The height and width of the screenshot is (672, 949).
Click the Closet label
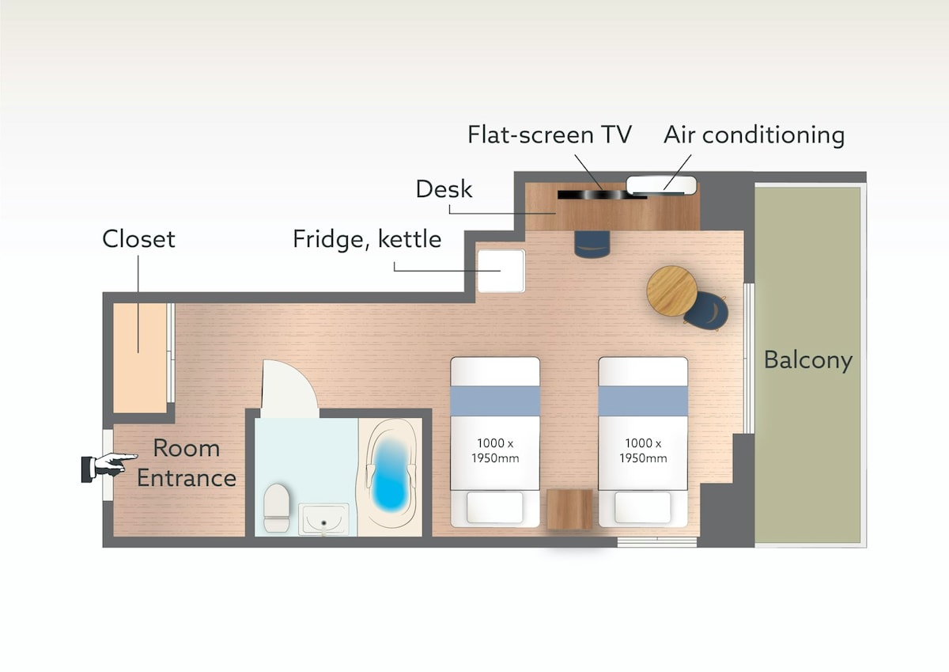pyautogui.click(x=138, y=239)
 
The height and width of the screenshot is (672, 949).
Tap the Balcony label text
pyautogui.click(x=808, y=361)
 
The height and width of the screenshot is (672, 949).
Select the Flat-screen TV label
pyautogui.click(x=550, y=135)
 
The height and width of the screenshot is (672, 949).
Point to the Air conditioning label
pyautogui.click(x=754, y=135)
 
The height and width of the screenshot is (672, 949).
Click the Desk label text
pyautogui.click(x=444, y=189)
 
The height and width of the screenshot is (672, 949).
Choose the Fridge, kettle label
pyautogui.click(x=367, y=239)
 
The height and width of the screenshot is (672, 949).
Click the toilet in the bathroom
pyautogui.click(x=276, y=507)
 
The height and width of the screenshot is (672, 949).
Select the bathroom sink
pyautogui.click(x=323, y=519)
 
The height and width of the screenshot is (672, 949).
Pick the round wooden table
pyautogui.click(x=672, y=290)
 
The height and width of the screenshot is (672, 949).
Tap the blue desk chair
pyautogui.click(x=592, y=244)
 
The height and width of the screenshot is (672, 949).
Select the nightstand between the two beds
pyautogui.click(x=569, y=509)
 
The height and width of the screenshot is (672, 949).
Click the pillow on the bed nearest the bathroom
pyautogui.click(x=495, y=507)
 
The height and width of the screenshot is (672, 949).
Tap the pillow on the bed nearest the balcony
pyautogui.click(x=643, y=507)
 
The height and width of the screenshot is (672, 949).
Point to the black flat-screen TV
pyautogui.click(x=602, y=195)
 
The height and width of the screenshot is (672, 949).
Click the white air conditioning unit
pyautogui.click(x=661, y=186)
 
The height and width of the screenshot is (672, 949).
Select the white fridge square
pyautogui.click(x=501, y=271)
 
